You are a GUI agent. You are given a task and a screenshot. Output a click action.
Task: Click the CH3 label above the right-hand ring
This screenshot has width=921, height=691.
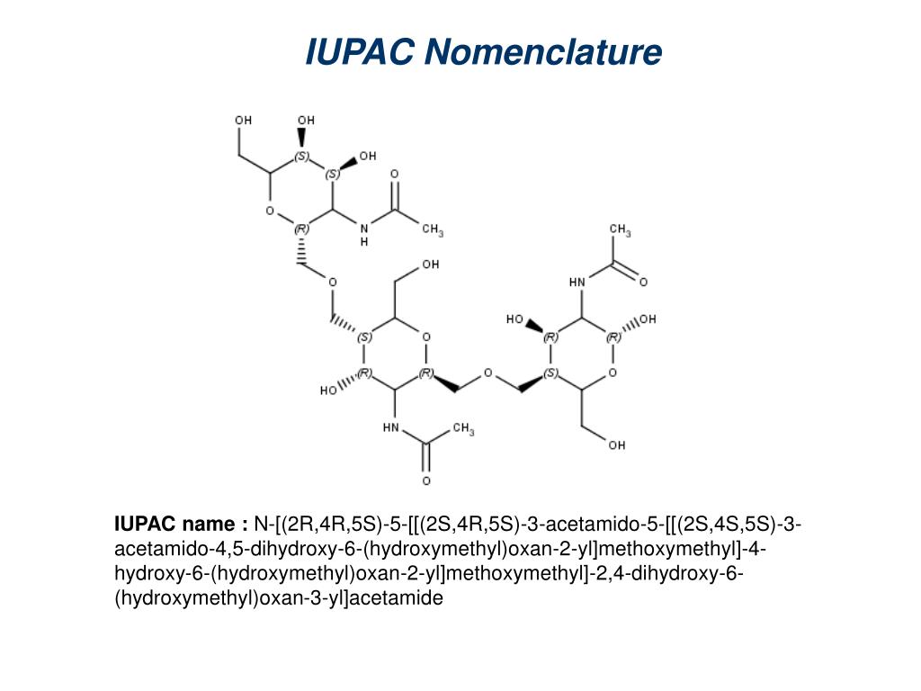(x=620, y=231)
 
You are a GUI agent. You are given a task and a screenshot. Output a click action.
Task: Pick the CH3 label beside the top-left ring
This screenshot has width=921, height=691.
(x=433, y=230)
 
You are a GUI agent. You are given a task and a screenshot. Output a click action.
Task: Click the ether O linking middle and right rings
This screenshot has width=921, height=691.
(x=487, y=372)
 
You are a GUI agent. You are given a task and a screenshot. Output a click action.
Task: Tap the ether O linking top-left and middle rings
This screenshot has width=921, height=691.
(x=332, y=283)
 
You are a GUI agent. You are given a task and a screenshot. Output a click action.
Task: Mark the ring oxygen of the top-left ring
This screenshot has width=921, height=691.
(x=270, y=211)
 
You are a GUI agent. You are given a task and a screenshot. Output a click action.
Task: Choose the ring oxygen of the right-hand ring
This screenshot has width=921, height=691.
(x=613, y=372)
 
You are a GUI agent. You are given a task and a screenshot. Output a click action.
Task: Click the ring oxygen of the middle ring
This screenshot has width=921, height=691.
(x=426, y=337)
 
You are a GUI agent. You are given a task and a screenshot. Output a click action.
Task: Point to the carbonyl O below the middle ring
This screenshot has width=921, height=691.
(x=426, y=468)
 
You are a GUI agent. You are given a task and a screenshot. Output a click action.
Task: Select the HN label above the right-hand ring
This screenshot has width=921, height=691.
(x=577, y=282)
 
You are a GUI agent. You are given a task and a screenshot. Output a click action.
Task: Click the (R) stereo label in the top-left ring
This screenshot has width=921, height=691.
(x=301, y=229)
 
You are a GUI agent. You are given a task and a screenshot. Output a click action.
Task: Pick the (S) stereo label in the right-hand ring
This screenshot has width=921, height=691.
(x=551, y=372)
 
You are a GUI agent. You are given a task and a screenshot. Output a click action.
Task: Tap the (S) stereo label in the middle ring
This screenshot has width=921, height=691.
(x=364, y=337)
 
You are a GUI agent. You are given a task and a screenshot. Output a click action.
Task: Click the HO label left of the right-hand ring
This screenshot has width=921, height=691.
(x=514, y=319)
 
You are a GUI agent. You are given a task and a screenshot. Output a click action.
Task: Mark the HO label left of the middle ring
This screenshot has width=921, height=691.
(x=328, y=391)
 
